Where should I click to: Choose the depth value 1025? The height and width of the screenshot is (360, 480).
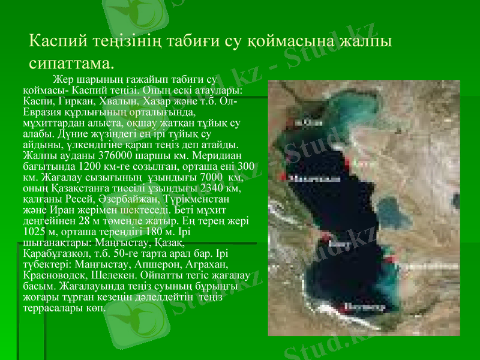[34, 231]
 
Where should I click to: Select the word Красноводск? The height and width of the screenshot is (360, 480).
[50, 274]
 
